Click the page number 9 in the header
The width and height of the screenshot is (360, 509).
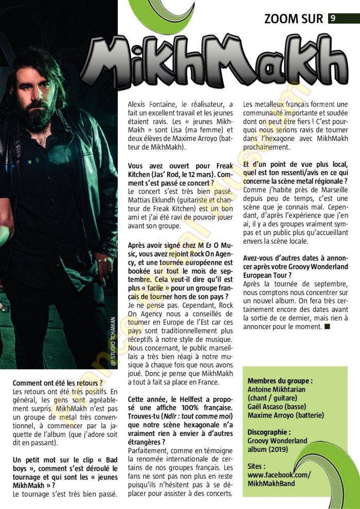pos(333,19)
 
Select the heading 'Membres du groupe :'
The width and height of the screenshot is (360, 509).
pos(280,381)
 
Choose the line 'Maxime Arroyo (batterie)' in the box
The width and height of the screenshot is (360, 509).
pos(285,415)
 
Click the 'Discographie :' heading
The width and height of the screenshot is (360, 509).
pos(268,432)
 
